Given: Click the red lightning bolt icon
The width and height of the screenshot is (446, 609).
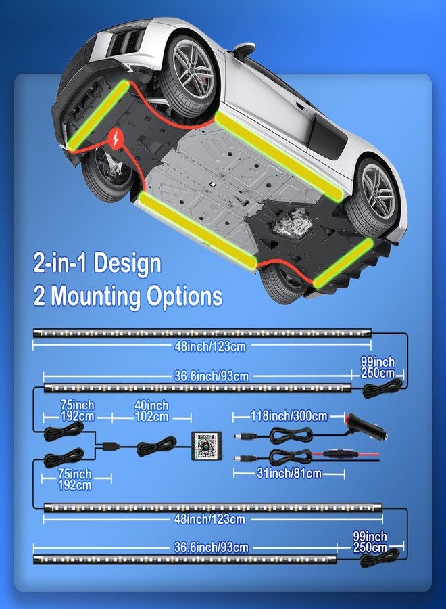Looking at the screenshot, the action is (x=116, y=138).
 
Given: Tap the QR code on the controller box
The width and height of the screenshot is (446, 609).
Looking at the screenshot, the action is (x=206, y=445).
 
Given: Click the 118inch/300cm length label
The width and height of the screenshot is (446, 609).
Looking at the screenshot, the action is (x=289, y=416).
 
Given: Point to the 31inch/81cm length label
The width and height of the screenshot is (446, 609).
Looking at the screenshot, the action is (x=289, y=473).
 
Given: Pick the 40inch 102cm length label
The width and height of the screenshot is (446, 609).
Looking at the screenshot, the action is (x=151, y=411).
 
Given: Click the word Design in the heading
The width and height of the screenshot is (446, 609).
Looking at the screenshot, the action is (x=127, y=263).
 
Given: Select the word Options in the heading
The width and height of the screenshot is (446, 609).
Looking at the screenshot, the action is (x=184, y=296).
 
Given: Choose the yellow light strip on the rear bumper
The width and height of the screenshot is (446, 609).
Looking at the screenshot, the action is (x=343, y=263).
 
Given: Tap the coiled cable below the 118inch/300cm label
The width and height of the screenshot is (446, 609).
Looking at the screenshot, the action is (x=291, y=435).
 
